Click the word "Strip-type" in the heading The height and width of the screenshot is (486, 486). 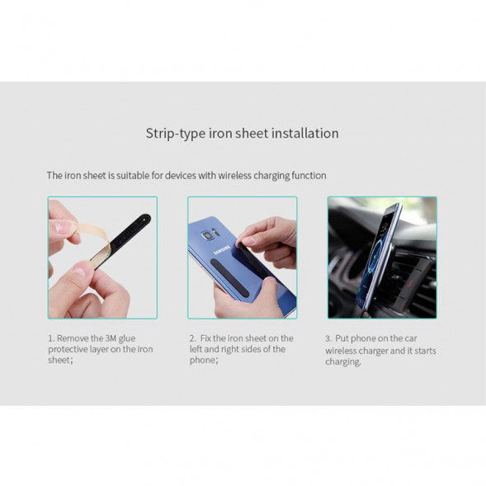click(176, 134)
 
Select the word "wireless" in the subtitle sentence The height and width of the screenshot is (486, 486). click(234, 176)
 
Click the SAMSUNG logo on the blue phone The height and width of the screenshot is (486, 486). click(222, 251)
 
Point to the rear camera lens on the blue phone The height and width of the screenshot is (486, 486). click(206, 235)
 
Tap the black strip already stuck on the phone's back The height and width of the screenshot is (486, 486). click(229, 277)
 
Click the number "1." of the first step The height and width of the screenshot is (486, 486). click(51, 338)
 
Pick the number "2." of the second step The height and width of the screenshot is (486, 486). click(192, 338)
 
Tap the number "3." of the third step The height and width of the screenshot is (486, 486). click(328, 338)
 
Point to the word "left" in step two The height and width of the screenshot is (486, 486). click(196, 349)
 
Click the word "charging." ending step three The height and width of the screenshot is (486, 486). click(343, 362)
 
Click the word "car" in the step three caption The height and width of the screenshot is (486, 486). click(410, 338)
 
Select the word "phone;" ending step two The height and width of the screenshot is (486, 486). click(204, 360)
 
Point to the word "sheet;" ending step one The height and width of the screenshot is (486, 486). click(60, 360)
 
